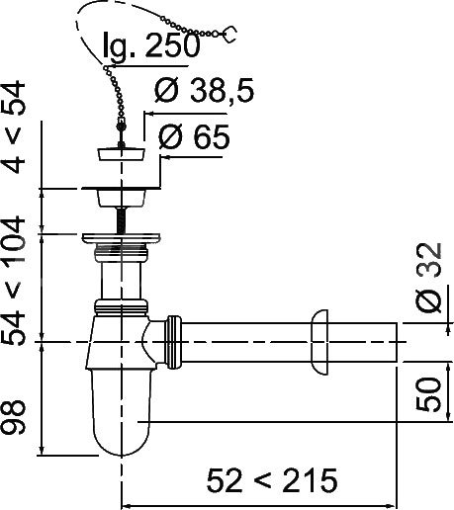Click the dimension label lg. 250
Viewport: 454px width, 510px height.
click(151, 45)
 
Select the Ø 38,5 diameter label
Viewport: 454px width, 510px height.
click(205, 91)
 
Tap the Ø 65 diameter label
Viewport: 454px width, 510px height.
click(194, 136)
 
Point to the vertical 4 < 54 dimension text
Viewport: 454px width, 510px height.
click(14, 127)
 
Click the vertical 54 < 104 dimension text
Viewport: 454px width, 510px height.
click(14, 280)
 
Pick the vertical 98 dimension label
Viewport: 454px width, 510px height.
click(14, 417)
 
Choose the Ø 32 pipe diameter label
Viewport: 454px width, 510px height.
click(428, 278)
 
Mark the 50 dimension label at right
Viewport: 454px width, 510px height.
click(428, 394)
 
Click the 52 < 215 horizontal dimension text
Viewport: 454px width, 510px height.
click(272, 480)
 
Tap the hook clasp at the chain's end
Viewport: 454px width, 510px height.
click(230, 35)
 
